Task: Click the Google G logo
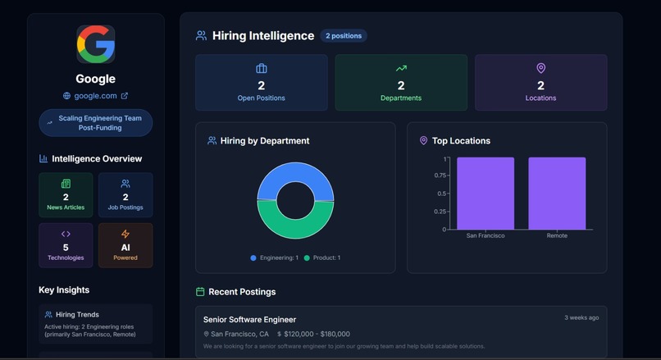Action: [95, 44]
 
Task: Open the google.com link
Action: [95, 96]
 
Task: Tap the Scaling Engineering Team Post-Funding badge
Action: [95, 123]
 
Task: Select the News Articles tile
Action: [66, 195]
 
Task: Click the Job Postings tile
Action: [125, 195]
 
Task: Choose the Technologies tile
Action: [66, 245]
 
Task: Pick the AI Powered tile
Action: [125, 245]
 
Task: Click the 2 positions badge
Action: [343, 36]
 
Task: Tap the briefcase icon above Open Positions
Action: [261, 69]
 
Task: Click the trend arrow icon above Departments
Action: [401, 69]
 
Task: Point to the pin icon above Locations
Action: [540, 69]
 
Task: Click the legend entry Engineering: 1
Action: [275, 258]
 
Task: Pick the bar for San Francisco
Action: [485, 194]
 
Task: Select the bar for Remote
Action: [557, 194]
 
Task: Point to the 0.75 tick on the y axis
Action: [440, 175]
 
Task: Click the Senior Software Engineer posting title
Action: [249, 320]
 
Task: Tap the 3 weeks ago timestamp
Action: [581, 317]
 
